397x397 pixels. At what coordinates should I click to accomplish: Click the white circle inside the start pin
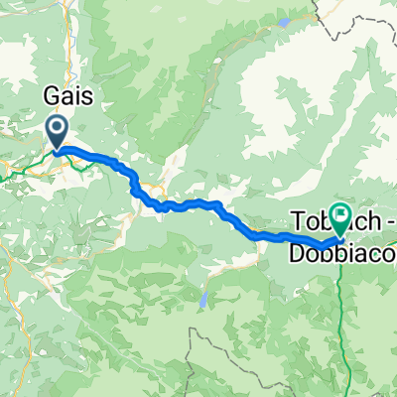coord(56,127)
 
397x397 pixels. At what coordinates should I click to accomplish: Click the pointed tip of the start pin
coord(56,151)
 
